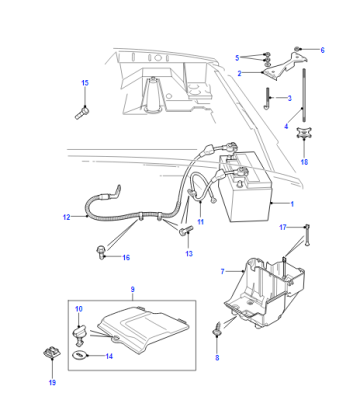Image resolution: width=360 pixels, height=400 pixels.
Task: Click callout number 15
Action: [x=85, y=83]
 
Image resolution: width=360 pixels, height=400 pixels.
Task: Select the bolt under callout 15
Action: [x=81, y=113]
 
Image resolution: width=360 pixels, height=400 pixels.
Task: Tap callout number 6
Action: [x=322, y=50]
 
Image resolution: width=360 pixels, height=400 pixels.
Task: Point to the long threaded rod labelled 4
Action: [x=304, y=95]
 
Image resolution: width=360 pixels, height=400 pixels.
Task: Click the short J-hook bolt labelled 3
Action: [x=267, y=98]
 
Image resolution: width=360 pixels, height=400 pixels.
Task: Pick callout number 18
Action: [x=304, y=162]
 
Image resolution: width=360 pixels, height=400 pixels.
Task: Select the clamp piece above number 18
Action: [x=303, y=133]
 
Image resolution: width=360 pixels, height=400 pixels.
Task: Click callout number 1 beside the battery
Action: [x=292, y=204]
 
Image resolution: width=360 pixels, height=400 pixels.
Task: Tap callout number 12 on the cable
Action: [x=67, y=217]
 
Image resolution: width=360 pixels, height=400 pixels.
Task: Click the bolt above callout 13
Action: [x=186, y=230]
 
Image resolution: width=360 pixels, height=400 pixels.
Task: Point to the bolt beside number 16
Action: [x=100, y=251]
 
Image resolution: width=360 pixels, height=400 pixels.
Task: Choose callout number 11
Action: [x=200, y=222]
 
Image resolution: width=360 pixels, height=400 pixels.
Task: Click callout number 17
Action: [x=283, y=228]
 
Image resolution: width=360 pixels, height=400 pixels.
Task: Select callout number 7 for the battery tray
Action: [x=223, y=272]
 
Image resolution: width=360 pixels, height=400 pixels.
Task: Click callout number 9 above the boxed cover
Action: [x=132, y=289]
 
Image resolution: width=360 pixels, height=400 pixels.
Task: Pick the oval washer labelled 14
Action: [x=79, y=355]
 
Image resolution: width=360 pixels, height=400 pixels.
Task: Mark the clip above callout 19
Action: [x=51, y=353]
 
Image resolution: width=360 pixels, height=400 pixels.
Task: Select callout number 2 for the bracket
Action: [x=239, y=73]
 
